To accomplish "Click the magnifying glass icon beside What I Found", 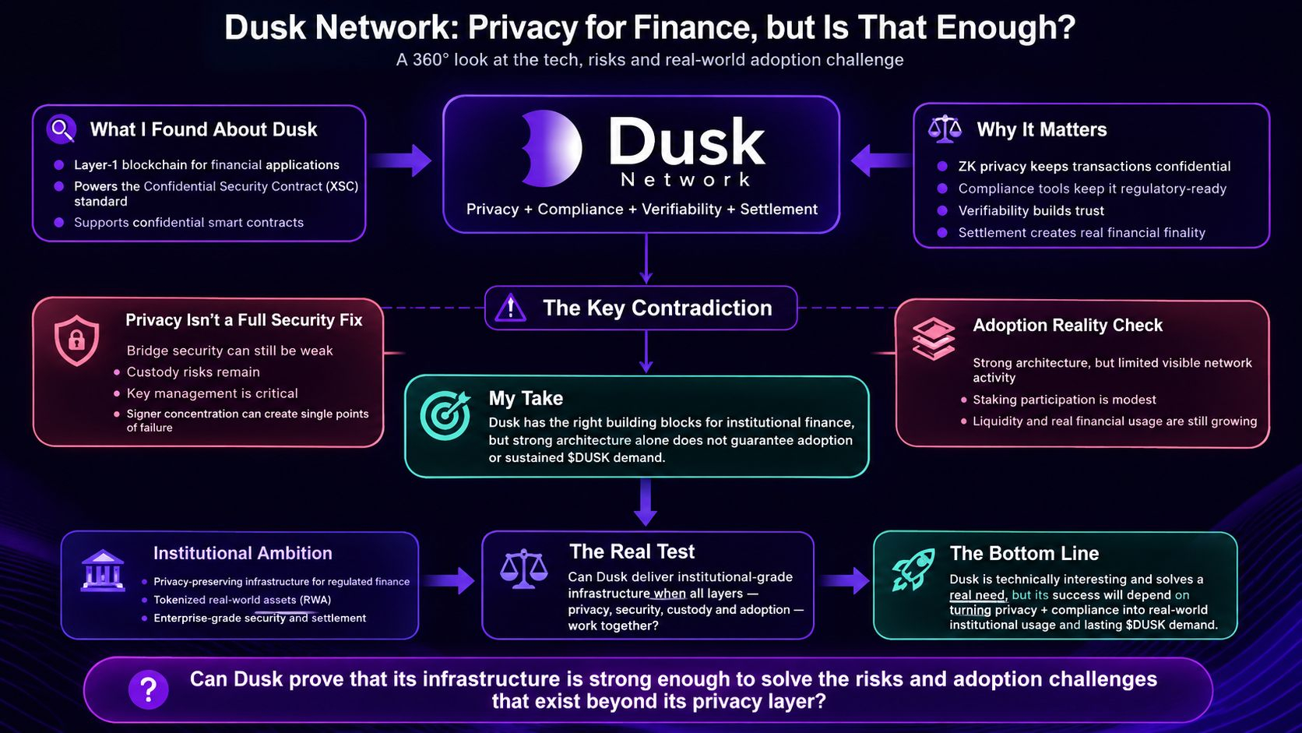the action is pyautogui.click(x=61, y=129).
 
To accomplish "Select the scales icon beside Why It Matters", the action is pyautogui.click(x=945, y=129).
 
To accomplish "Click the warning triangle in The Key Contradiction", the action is pyautogui.click(x=510, y=308).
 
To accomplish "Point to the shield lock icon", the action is pyautogui.click(x=76, y=340).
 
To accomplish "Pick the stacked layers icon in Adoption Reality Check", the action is pyautogui.click(x=934, y=338).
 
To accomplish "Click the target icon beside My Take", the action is pyautogui.click(x=446, y=415).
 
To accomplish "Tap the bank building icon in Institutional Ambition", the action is pyautogui.click(x=103, y=571).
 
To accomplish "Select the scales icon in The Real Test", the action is pyautogui.click(x=524, y=569).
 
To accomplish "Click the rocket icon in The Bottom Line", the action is pyautogui.click(x=913, y=569).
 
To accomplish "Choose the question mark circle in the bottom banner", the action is pyautogui.click(x=148, y=689).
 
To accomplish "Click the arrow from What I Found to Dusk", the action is pyautogui.click(x=401, y=160).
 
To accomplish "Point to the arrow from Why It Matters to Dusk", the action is pyautogui.click(x=881, y=160).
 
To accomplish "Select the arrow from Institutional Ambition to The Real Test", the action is pyautogui.click(x=449, y=580).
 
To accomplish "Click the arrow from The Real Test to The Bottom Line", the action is pyautogui.click(x=845, y=580).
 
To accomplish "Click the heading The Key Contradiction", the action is pyautogui.click(x=657, y=308).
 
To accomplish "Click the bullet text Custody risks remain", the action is pyautogui.click(x=193, y=372).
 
